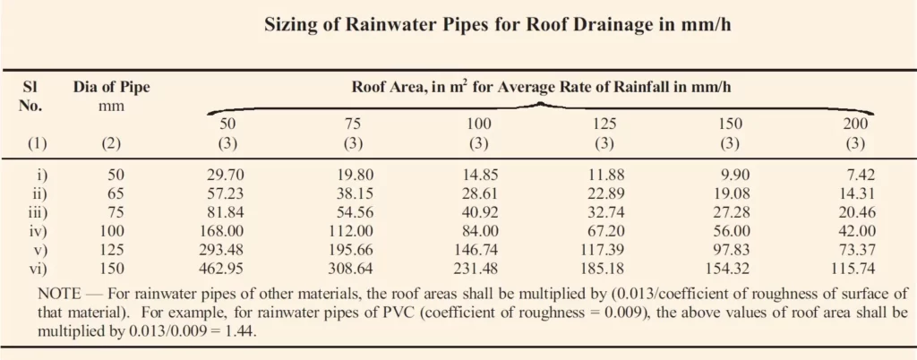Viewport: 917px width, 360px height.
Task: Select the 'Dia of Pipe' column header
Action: tap(111, 88)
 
